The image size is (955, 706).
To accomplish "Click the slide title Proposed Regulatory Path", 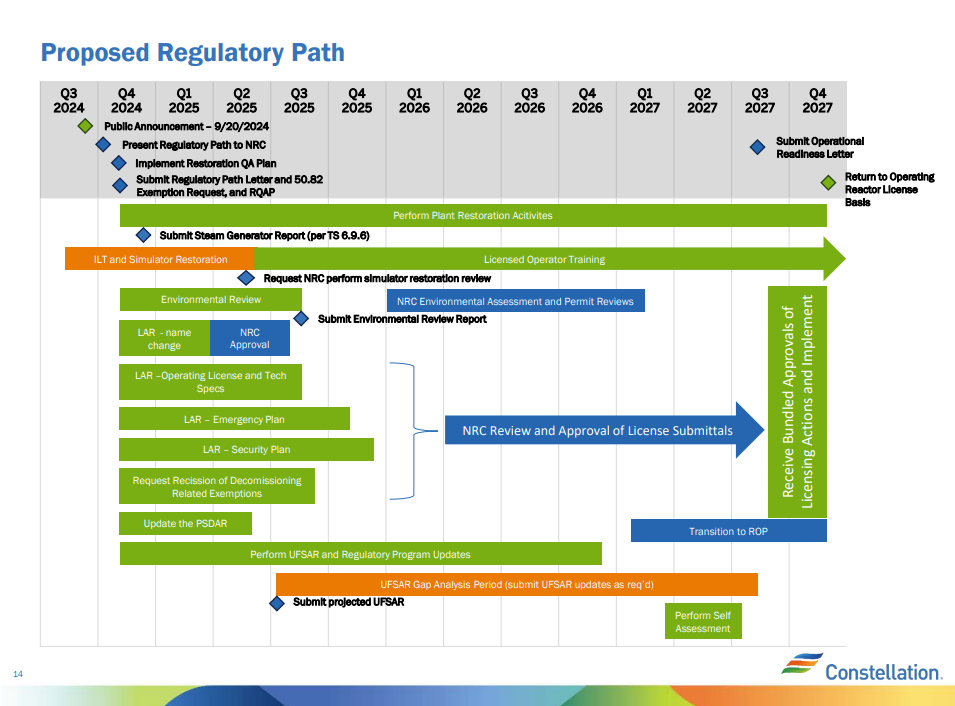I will point(192,53).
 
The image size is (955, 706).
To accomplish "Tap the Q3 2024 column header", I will point(69,101).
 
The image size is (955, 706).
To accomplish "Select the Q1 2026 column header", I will point(414,101).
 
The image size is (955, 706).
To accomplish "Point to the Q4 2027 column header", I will point(817,101).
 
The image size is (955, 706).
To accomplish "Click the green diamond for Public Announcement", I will point(86,127).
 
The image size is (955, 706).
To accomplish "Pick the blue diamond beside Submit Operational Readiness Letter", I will point(757,147).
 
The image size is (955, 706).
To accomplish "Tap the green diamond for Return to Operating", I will point(828,182).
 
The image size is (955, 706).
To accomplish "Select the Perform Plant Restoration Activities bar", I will point(472,215).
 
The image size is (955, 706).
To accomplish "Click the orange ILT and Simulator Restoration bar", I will point(160,259).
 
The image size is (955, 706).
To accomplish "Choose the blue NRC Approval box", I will point(249,338).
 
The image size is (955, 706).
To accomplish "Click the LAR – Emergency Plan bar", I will point(234,419).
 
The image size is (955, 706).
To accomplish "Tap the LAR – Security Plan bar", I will point(246,449).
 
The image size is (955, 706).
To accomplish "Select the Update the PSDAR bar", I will point(185,523).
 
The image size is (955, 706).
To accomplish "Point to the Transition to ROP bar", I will point(728,531).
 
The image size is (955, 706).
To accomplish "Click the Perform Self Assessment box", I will point(702,621).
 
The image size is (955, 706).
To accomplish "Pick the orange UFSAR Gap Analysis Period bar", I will point(516,584).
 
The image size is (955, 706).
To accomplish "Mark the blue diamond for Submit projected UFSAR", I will point(277,603).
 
